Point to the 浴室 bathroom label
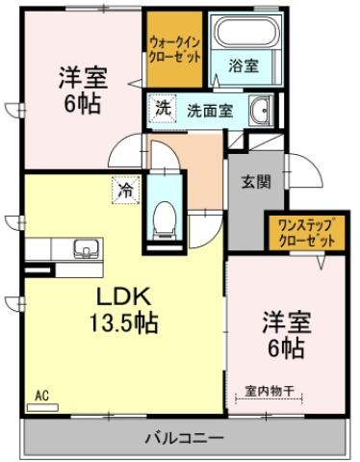pos(243,65)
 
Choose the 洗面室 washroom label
pos(209,110)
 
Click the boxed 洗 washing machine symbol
pos(164,109)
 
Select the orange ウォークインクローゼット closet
pos(175,50)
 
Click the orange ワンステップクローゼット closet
pos(305,232)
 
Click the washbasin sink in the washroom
pos(261,112)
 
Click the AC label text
pos(41,395)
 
